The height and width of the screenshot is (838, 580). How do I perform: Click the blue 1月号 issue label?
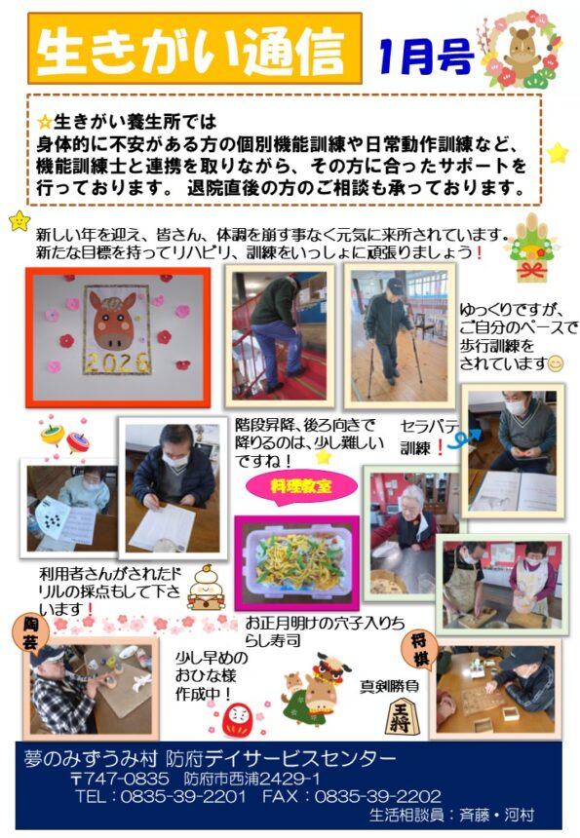pyautogui.click(x=426, y=57)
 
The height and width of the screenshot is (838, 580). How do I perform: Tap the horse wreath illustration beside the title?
pyautogui.click(x=522, y=49)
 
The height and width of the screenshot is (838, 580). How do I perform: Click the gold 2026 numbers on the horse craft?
pyautogui.click(x=118, y=362)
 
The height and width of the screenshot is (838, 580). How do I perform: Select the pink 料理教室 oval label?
pyautogui.click(x=301, y=486)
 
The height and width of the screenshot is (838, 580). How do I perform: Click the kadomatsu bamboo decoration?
pyautogui.click(x=531, y=248)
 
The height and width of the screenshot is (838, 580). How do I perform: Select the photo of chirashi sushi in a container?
pyautogui.click(x=296, y=563)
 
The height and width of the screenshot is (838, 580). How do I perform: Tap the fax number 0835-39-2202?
pyautogui.click(x=377, y=796)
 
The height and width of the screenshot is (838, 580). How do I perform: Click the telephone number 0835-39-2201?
pyautogui.click(x=183, y=796)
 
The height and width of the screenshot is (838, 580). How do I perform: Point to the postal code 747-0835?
pyautogui.click(x=126, y=779)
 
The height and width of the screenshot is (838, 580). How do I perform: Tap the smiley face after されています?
pyautogui.click(x=556, y=364)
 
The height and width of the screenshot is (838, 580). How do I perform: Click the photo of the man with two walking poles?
pyautogui.click(x=400, y=335)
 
